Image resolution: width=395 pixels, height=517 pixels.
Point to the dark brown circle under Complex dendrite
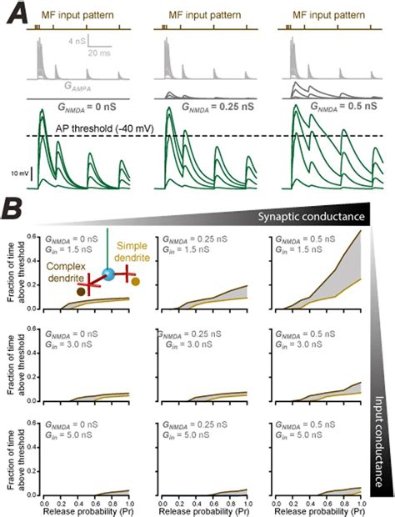79,293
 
